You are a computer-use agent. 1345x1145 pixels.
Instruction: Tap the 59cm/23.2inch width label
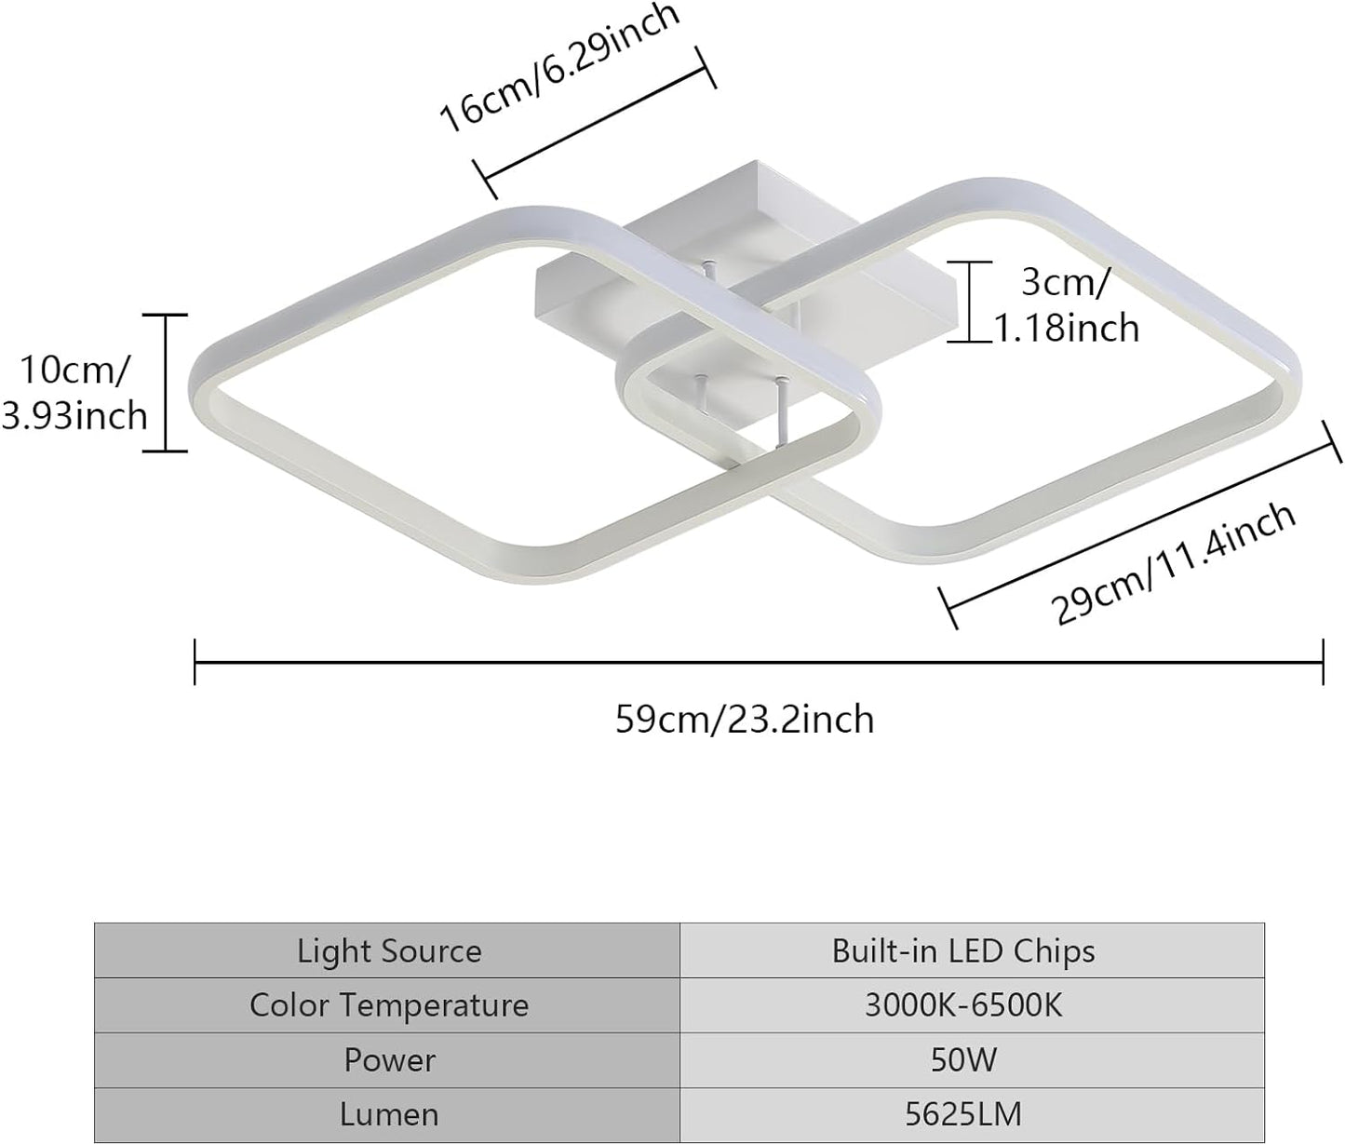[x=745, y=720]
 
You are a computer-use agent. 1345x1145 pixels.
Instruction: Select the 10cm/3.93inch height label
[x=74, y=392]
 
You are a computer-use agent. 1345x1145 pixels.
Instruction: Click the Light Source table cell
[x=389, y=950]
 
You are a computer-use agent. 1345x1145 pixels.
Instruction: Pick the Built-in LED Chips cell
[x=963, y=950]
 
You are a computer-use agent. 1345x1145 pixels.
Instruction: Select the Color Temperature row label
[x=389, y=1005]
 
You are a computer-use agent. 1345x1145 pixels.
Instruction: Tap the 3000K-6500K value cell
[x=963, y=1005]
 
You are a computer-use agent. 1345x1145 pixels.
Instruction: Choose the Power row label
[x=389, y=1059]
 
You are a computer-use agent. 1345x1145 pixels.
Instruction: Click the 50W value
[x=963, y=1059]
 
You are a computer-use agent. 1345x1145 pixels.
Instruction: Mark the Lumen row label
[x=389, y=1114]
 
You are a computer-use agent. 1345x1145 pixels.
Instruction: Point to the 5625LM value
[x=963, y=1114]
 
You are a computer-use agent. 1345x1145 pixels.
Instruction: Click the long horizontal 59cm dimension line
[x=759, y=662]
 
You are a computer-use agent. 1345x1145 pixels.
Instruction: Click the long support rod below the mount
[x=780, y=415]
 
